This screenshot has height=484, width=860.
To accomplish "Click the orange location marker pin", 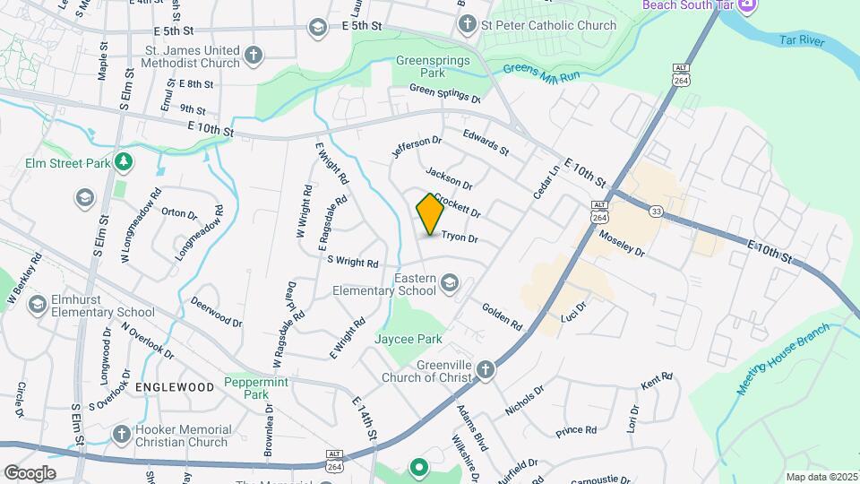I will click(x=430, y=214).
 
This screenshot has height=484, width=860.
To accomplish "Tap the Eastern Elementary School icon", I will click(x=450, y=284).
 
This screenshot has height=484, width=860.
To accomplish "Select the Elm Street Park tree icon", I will click(x=123, y=162).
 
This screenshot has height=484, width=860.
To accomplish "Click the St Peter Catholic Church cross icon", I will click(x=467, y=26).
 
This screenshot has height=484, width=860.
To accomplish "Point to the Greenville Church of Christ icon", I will click(x=485, y=369).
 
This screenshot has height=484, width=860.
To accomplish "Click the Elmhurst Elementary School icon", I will click(x=38, y=305).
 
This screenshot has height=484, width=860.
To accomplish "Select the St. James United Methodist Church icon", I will click(x=254, y=56).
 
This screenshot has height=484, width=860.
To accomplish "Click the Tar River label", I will click(x=799, y=41).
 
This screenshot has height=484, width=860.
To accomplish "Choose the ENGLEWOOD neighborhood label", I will click(x=175, y=387).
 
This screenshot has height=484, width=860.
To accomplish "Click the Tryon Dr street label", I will click(x=459, y=239).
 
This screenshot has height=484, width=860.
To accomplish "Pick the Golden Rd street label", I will click(x=502, y=316).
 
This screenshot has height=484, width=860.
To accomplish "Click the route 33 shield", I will click(x=657, y=212).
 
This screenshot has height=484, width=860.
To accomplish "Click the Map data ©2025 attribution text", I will click(x=821, y=477).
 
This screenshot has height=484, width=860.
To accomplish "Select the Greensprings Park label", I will click(x=421, y=67).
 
